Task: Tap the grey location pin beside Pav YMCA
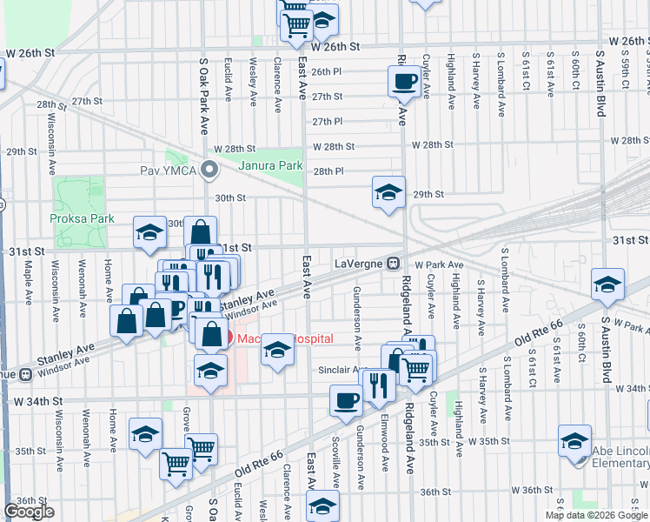click(209, 170)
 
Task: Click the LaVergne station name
click(359, 262)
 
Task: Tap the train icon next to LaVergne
click(393, 262)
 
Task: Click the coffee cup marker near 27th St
click(403, 82)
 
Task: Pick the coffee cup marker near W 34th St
click(346, 401)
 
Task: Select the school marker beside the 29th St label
click(388, 193)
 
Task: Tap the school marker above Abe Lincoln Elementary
click(575, 440)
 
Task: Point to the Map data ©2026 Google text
click(595, 515)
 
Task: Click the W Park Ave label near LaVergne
click(440, 264)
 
